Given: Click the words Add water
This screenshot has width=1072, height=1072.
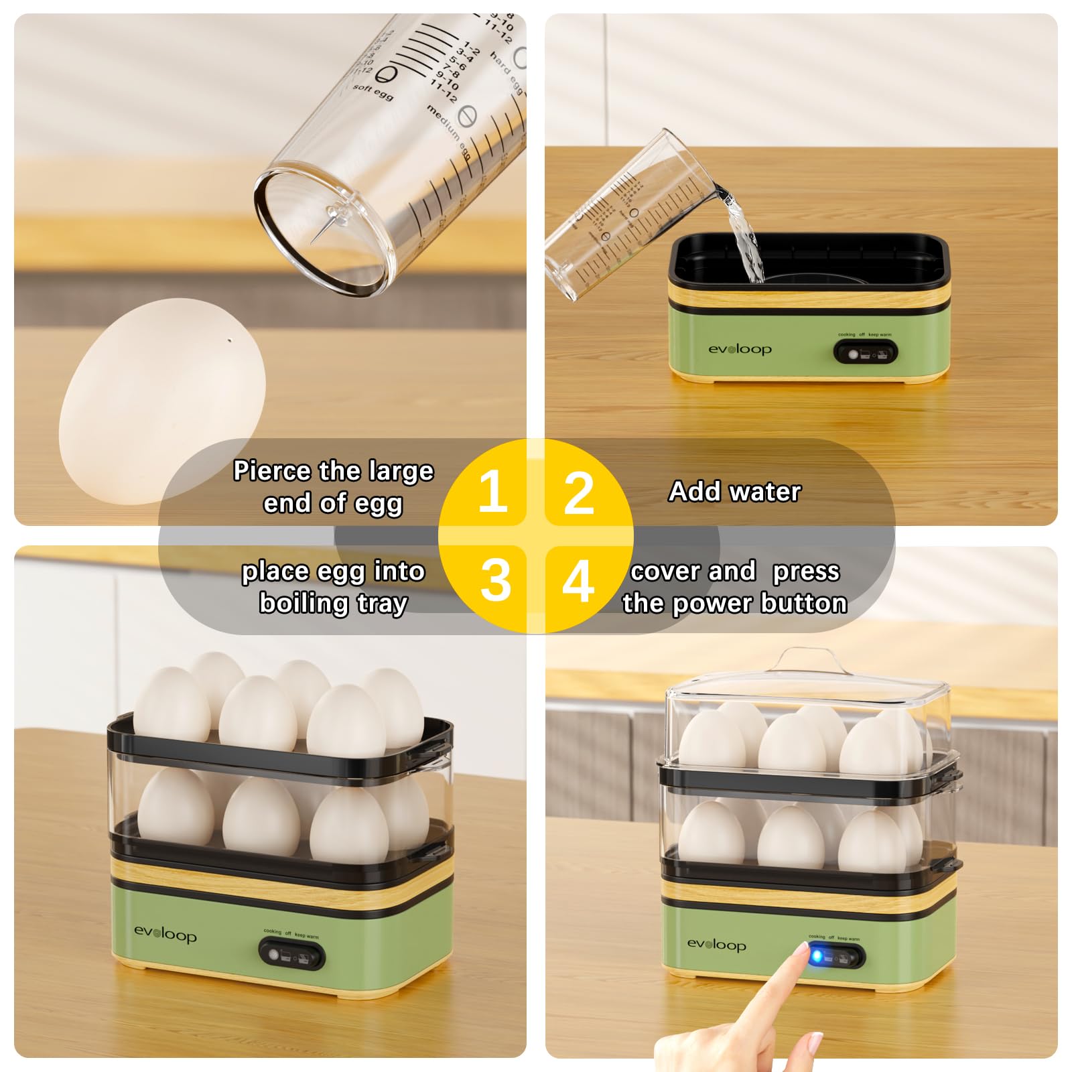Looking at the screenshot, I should click(x=734, y=492).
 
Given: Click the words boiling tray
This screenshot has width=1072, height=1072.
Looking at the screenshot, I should click(x=333, y=603).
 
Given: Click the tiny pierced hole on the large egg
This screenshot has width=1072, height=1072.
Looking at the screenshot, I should click(x=230, y=341).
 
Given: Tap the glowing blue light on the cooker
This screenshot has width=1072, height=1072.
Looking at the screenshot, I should click(x=816, y=956).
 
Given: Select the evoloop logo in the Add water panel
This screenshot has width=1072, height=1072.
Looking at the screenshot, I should click(x=740, y=349).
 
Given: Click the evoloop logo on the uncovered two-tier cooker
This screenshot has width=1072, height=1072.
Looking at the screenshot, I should click(x=165, y=933).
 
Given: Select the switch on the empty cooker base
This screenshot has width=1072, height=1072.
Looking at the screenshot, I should click(x=865, y=353).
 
